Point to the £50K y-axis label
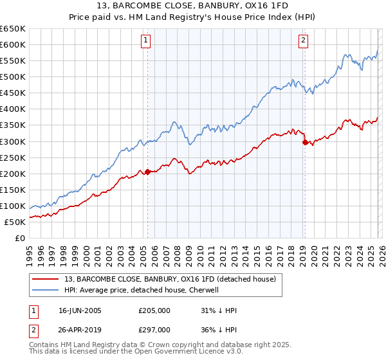click(15, 222)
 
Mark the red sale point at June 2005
click(147, 172)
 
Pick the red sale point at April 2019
click(304, 142)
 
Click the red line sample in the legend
click(46, 279)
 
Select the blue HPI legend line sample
click(46, 290)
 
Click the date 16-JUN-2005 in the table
click(80, 310)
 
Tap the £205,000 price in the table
click(154, 310)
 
